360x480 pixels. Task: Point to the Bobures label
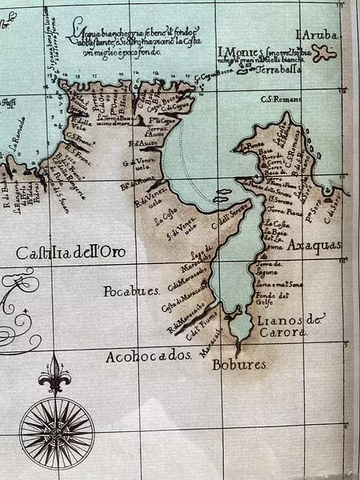click(x=239, y=365)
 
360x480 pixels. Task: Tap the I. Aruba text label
click(x=318, y=36)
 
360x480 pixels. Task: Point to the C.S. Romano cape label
click(x=279, y=99)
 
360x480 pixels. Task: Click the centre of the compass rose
click(x=56, y=433)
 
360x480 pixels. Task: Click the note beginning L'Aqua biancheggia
click(x=134, y=38)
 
